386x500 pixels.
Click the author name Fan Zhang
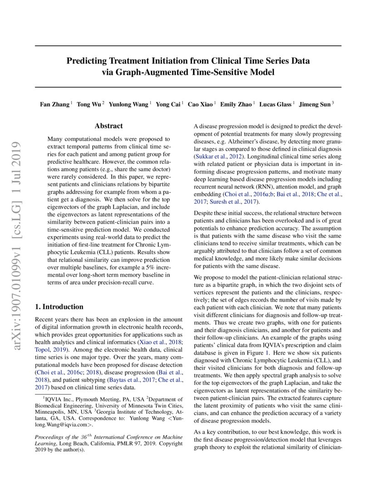(54, 104)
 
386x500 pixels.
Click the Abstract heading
(109, 126)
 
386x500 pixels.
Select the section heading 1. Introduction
(59, 306)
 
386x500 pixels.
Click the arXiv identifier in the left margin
(19, 246)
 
